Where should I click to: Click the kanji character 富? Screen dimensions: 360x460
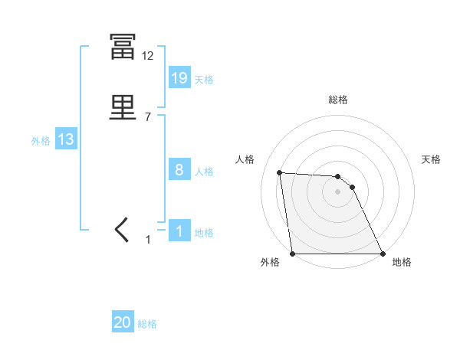123,47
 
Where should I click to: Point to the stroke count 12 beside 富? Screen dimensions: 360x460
148,56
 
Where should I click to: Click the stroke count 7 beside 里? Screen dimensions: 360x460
147,117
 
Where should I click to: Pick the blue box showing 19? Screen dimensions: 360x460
179,78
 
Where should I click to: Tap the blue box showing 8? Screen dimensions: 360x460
179,170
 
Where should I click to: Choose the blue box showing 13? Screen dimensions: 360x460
65,139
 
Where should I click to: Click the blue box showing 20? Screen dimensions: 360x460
123,323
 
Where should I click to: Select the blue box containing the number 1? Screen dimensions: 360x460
179,231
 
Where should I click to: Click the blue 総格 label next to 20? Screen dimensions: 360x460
147,324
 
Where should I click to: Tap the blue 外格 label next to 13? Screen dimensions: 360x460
41,140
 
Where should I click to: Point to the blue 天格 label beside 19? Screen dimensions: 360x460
204,79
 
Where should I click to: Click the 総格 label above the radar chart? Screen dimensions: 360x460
338,100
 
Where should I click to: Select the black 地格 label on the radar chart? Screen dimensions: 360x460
402,263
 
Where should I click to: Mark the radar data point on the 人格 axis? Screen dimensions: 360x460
279,172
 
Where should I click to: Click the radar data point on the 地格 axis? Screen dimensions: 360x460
382,254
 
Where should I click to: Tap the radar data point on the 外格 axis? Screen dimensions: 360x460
293,254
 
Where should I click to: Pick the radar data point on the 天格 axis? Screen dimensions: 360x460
352,187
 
